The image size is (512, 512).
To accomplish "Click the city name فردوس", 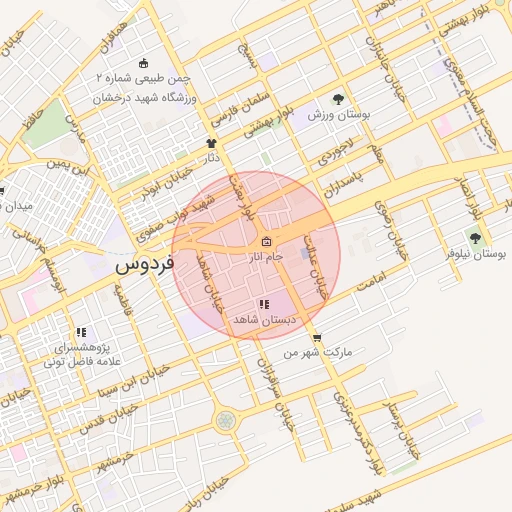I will pos(145,266).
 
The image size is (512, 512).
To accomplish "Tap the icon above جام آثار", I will pos(266,242).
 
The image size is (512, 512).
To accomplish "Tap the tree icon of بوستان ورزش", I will pos(339,99).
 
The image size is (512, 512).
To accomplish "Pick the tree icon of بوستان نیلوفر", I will pos(474,238).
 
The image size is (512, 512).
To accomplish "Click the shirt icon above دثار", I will pos(211,143).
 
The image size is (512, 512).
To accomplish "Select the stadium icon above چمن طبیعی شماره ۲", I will pos(141,63).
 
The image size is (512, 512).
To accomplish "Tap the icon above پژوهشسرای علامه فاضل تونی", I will pos(81,332).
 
